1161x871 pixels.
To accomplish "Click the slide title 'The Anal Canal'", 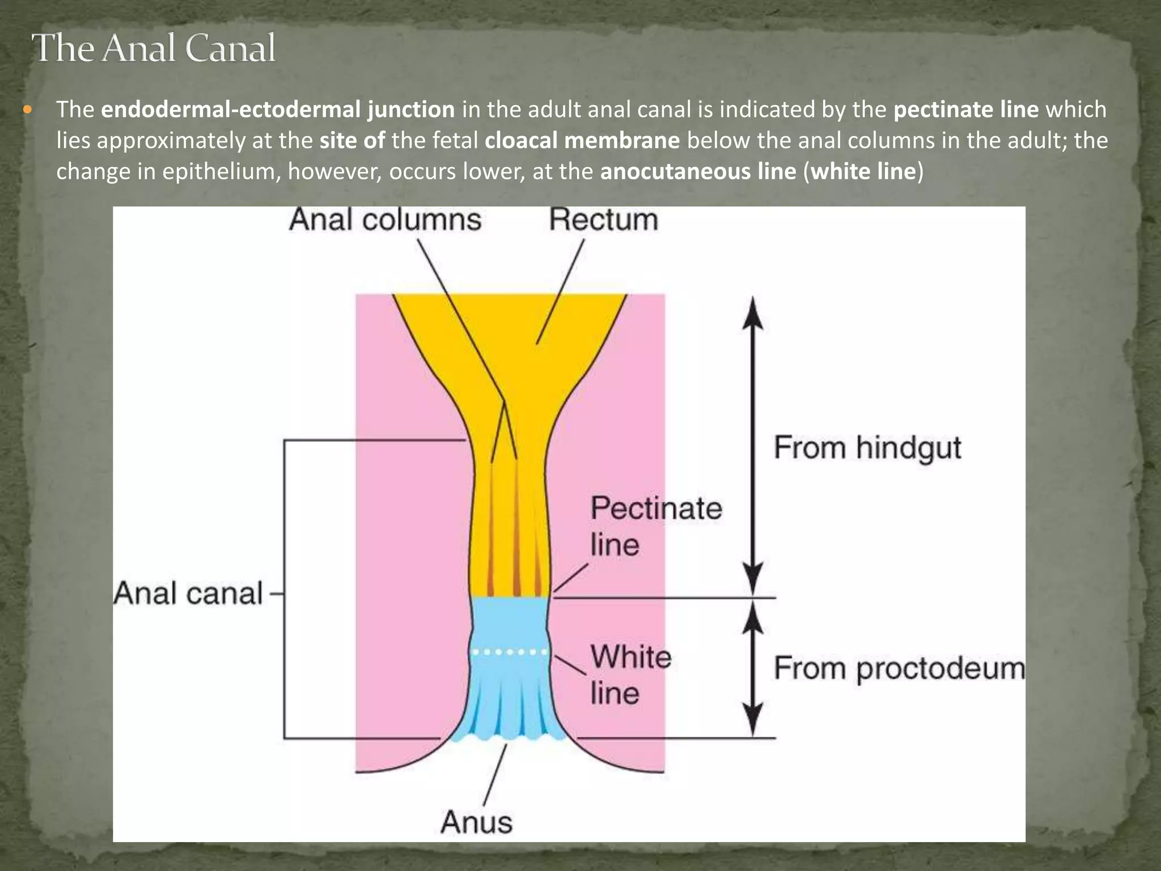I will [x=154, y=48].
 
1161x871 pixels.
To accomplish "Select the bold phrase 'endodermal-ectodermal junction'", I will [x=278, y=109].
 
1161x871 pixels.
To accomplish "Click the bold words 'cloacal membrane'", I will [x=582, y=140].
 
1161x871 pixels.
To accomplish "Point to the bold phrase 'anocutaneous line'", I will [x=698, y=171].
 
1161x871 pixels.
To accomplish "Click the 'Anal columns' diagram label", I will [x=385, y=220].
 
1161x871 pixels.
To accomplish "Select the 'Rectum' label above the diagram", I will [x=603, y=220].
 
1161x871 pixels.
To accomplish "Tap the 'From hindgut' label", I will [x=867, y=448].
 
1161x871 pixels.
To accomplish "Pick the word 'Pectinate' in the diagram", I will [x=656, y=508].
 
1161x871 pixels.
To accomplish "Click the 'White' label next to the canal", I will [x=631, y=657].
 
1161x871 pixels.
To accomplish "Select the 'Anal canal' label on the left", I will [x=188, y=594].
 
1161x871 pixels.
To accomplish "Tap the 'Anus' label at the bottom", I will [x=476, y=822].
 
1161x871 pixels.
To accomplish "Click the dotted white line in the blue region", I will [x=510, y=652].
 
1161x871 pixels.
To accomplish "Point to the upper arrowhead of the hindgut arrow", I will [x=752, y=315].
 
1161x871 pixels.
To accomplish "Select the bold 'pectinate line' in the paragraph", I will [x=966, y=109].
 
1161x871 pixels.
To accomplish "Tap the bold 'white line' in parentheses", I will [x=863, y=171].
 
